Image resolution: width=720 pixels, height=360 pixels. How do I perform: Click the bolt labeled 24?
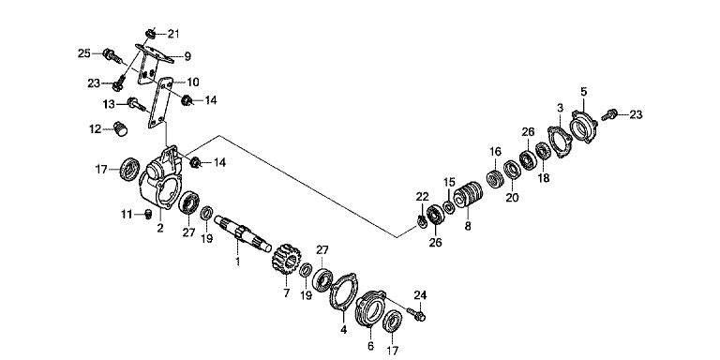[x=419, y=315]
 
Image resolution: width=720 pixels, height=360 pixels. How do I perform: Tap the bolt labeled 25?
[x=112, y=56]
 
